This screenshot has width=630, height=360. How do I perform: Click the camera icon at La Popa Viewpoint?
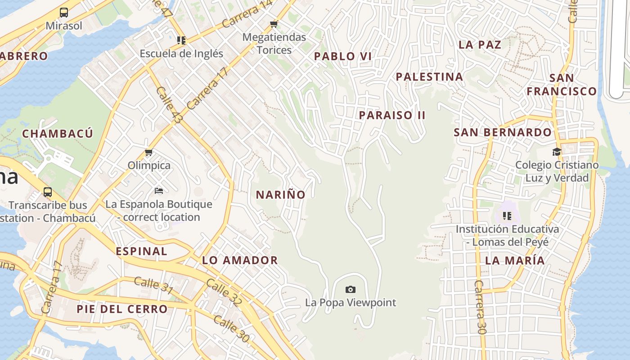click(x=350, y=289)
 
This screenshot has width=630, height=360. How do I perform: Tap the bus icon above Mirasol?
click(x=64, y=13)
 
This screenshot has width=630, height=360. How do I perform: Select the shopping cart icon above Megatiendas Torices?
click(x=274, y=24)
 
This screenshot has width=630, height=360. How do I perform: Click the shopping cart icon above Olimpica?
click(x=149, y=153)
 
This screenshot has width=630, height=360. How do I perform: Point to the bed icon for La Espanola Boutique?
click(x=158, y=191)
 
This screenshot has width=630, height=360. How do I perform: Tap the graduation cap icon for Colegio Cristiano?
click(x=557, y=152)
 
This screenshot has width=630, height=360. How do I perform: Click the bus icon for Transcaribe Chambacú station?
click(x=48, y=192)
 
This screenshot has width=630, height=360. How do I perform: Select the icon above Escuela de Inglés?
click(x=181, y=40)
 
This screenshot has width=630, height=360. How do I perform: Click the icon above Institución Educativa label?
click(x=507, y=216)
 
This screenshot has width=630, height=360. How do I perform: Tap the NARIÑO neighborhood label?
click(x=281, y=195)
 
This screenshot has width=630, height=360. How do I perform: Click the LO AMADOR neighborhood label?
click(x=240, y=260)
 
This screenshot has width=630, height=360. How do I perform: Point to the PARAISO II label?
click(x=392, y=115)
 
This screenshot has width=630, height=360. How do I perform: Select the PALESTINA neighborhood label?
click(x=429, y=77)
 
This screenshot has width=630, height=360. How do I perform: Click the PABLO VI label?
click(x=343, y=56)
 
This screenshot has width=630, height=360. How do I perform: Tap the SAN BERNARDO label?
click(x=502, y=133)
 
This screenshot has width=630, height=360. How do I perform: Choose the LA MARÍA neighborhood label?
click(x=515, y=261)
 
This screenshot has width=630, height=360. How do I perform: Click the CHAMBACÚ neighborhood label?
click(x=58, y=134)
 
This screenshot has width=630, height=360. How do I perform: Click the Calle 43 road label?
click(x=170, y=105)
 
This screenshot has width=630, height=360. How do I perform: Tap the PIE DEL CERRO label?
click(x=122, y=309)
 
